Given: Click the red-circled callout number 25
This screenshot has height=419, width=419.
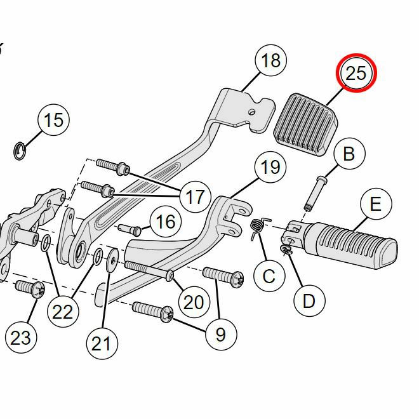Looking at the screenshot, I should point(356,74).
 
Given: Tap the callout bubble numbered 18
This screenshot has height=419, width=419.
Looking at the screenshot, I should point(271,62).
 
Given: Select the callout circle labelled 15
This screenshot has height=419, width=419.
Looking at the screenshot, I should point(55,120).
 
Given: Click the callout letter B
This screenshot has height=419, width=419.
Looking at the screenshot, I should point(349,154).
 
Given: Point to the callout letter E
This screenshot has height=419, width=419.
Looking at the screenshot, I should point(375,204).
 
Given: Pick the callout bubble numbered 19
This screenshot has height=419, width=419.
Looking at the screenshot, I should point(270,168).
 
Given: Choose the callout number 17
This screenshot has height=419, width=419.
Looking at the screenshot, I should point(194,197).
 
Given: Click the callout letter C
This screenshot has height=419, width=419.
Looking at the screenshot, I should point(269,276).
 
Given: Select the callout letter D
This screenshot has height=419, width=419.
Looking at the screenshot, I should point(309,300).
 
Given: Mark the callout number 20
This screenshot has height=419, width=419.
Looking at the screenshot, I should point(193,301).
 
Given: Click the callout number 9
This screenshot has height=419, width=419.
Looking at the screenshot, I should point(220,333).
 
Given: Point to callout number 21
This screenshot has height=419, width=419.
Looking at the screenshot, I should point(102,343).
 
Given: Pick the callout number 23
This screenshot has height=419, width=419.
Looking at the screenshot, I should point(20,336).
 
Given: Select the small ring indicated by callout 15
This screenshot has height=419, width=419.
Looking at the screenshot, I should point(20,150).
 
